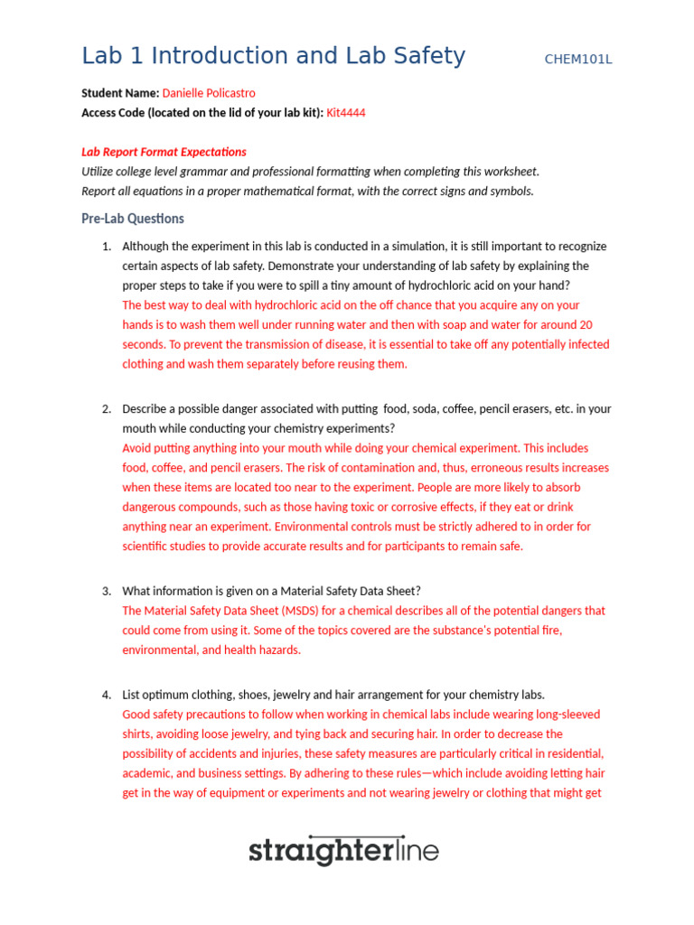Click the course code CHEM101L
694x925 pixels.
point(578,60)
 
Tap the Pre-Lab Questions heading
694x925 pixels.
point(133,219)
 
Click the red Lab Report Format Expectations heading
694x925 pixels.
point(164,152)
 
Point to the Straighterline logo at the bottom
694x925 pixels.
point(343,850)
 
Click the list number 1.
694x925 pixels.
point(106,246)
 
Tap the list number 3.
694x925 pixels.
point(106,591)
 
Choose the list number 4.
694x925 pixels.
point(106,695)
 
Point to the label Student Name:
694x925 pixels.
point(120,93)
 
